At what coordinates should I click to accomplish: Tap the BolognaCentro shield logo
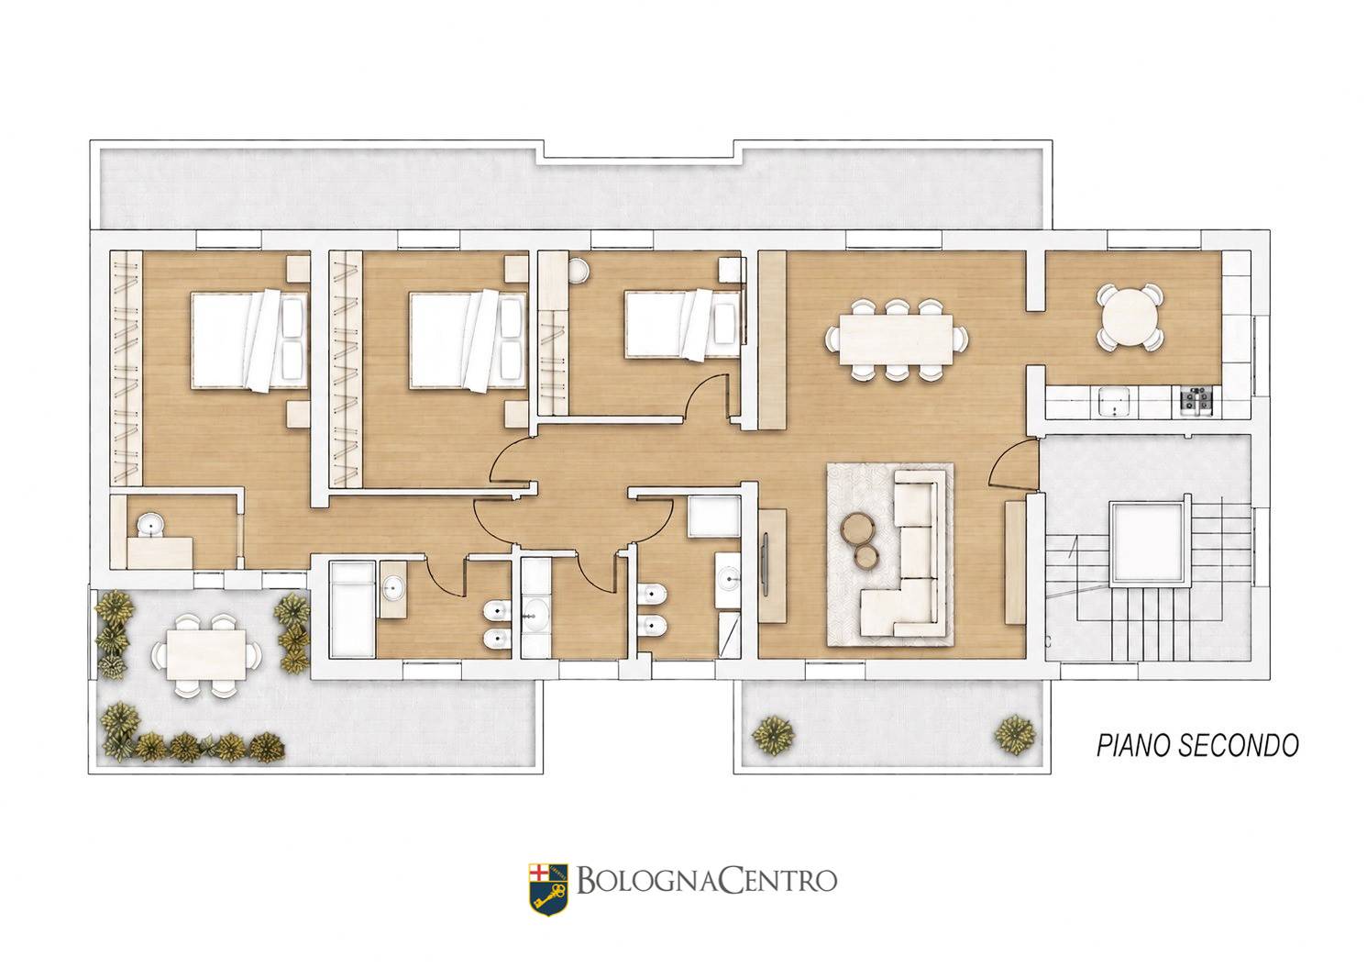548,889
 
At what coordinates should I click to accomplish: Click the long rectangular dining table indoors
895,339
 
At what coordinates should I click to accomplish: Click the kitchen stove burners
1196,399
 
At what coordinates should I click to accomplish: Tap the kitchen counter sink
1114,400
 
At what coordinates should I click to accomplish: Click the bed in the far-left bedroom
249,339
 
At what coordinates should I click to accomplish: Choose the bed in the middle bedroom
469,339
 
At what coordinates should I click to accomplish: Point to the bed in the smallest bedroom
683,324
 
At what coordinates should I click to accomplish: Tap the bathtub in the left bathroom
352,610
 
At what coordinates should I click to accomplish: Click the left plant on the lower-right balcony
773,734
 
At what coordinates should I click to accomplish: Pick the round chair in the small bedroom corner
577,270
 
